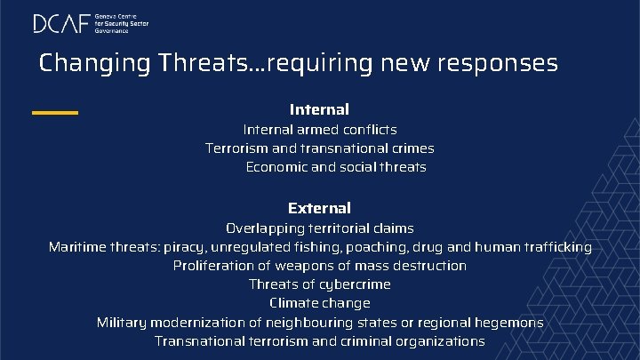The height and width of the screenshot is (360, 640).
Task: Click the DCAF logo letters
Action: tap(61, 23)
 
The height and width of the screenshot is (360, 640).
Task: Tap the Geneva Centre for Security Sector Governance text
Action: tap(121, 23)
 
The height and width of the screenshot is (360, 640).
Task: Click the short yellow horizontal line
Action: tap(54, 112)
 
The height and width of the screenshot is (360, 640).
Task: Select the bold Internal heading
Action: tap(319, 109)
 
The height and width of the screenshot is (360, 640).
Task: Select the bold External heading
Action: tap(319, 208)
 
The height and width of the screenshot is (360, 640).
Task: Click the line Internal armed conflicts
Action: tap(320, 130)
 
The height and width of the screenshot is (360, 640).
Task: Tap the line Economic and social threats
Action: tap(336, 167)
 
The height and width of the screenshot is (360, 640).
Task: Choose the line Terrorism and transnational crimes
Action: tap(320, 148)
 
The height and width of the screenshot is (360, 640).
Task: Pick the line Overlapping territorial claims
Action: tap(320, 228)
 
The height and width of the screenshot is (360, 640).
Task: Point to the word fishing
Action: tap(313, 247)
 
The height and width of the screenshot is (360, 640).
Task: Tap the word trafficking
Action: tap(556, 247)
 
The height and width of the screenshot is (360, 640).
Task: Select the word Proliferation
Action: tap(213, 266)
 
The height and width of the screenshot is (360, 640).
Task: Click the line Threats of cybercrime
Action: tap(320, 284)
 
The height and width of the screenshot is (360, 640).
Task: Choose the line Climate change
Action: tap(320, 303)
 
